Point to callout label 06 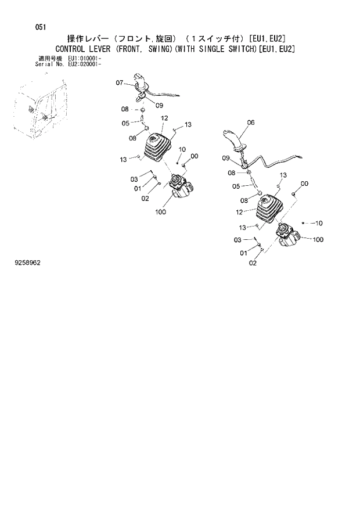(x=250, y=123)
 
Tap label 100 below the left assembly (x=161, y=212)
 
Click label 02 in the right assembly (x=252, y=263)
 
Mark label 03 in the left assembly (x=134, y=179)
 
